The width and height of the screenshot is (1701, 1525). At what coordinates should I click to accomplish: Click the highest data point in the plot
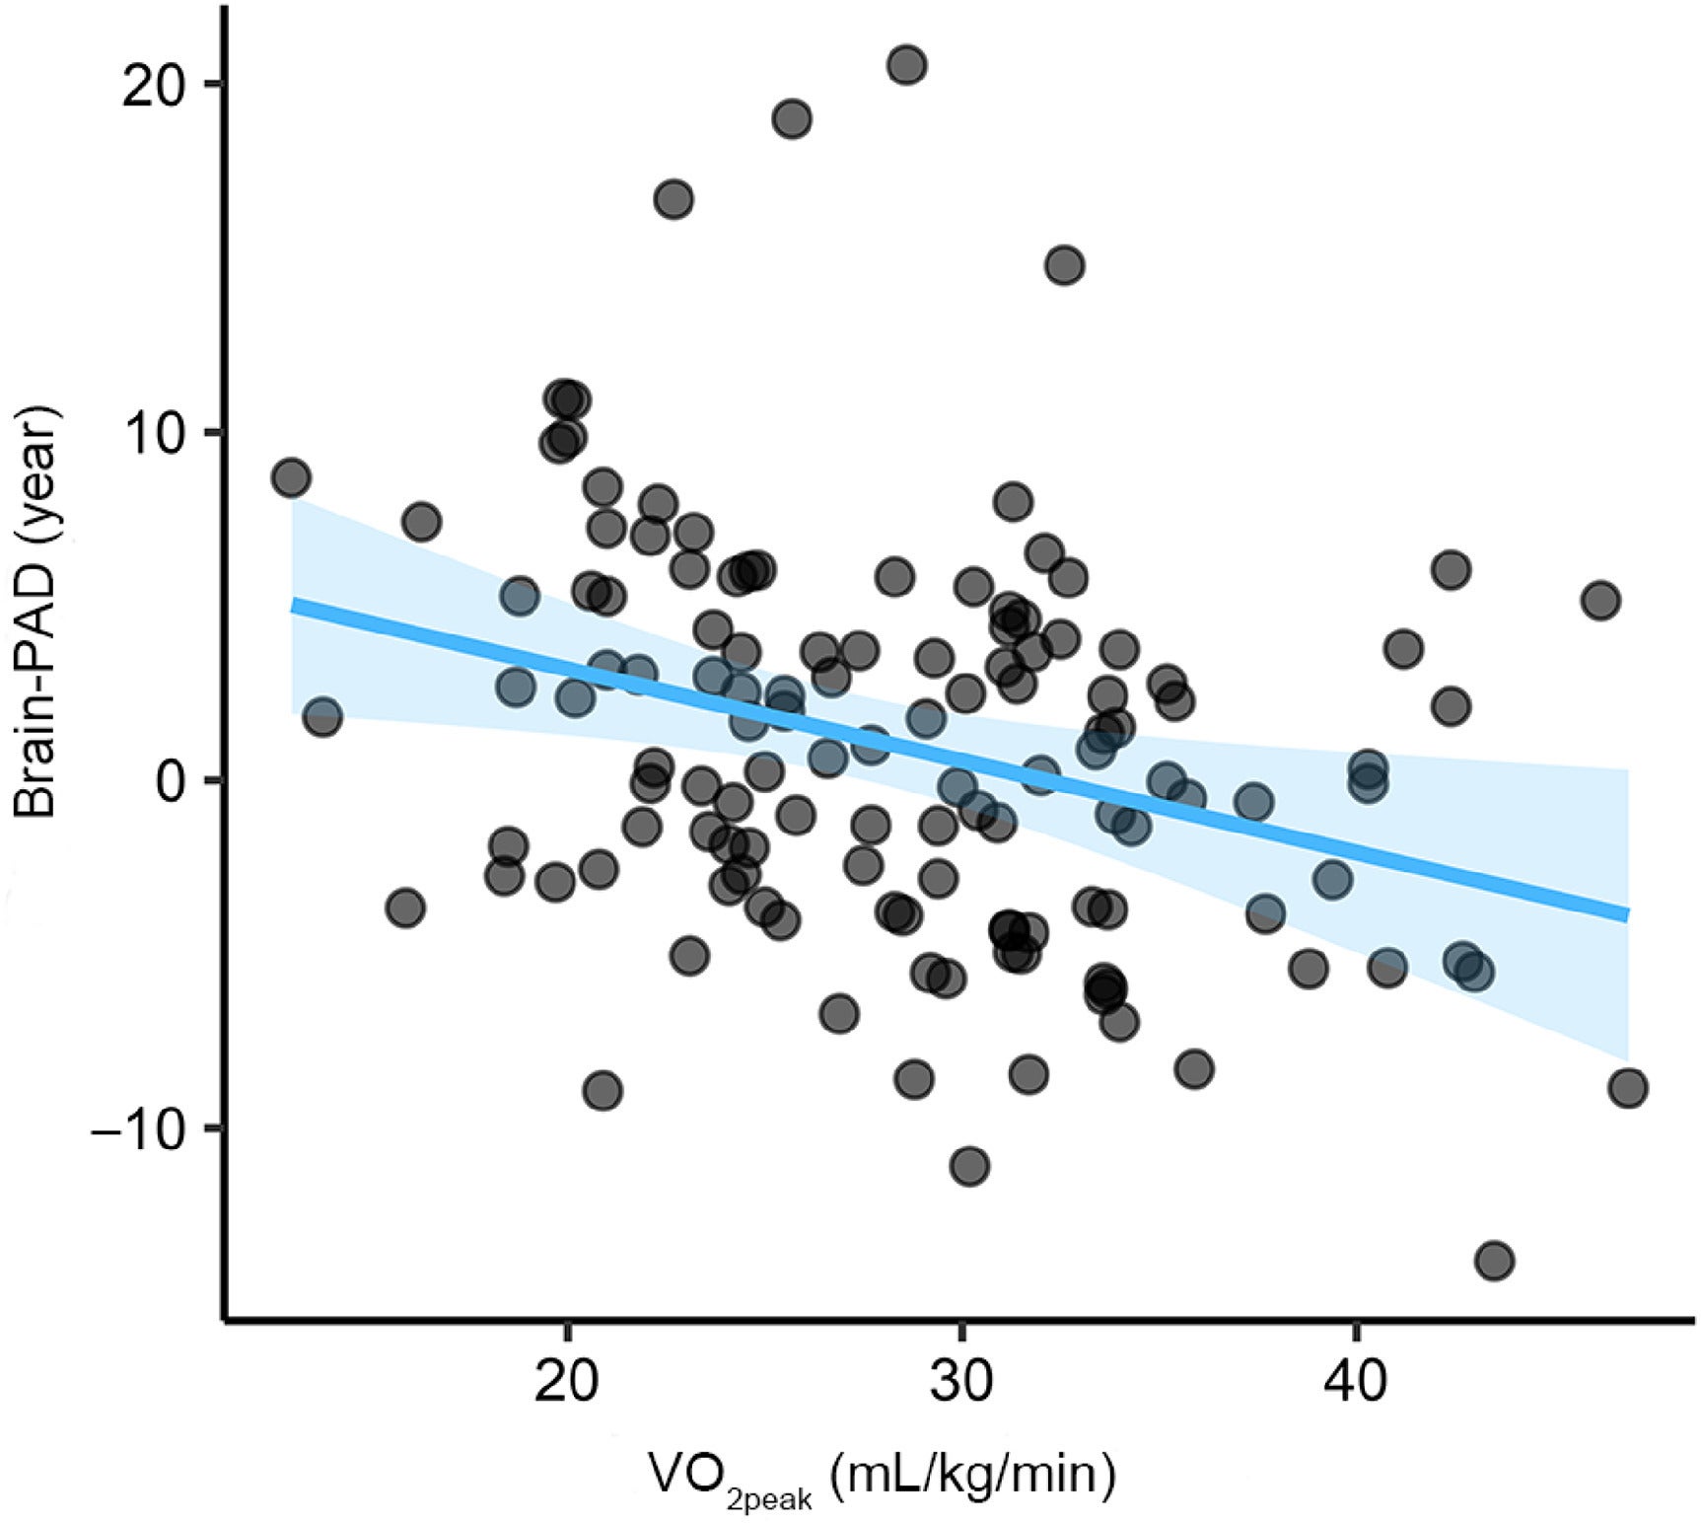[x=906, y=66]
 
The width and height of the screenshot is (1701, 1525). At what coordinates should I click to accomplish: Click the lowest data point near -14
[x=1494, y=1260]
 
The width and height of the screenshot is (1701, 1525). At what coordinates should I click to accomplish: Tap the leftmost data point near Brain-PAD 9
[x=290, y=477]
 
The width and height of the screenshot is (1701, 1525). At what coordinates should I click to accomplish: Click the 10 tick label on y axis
[x=154, y=433]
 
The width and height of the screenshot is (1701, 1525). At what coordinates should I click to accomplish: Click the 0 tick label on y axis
[x=174, y=781]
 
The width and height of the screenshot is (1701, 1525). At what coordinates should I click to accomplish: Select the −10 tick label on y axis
[x=138, y=1129]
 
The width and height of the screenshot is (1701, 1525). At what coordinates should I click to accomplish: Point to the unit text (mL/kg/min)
[x=972, y=1475]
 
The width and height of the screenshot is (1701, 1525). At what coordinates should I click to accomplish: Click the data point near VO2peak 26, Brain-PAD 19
[x=792, y=119]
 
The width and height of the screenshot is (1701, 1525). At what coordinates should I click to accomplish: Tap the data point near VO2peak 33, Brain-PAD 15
[x=1064, y=265]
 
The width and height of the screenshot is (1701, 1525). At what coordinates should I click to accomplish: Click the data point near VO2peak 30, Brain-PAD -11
[x=969, y=1166]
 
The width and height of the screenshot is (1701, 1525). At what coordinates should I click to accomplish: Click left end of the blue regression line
[x=293, y=605]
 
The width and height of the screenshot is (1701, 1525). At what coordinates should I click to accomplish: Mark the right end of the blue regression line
[x=1628, y=915]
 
